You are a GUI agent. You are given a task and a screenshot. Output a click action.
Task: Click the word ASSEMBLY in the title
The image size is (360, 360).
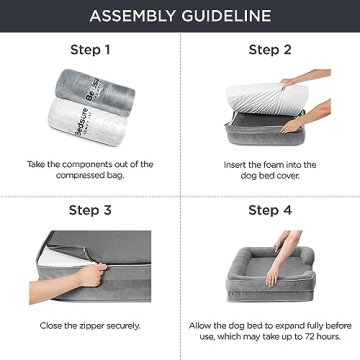point(133,16)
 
